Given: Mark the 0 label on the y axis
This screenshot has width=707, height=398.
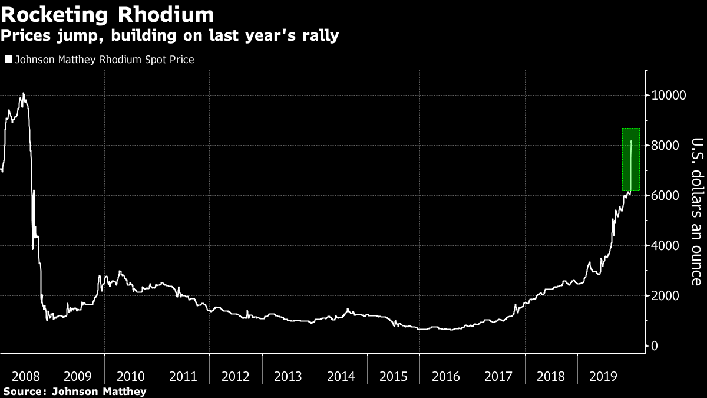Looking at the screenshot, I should (x=655, y=346).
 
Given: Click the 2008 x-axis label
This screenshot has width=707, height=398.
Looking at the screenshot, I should (x=26, y=376).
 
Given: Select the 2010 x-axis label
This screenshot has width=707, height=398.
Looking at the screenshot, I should (x=131, y=376).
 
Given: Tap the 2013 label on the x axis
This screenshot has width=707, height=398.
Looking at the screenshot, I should (x=289, y=376).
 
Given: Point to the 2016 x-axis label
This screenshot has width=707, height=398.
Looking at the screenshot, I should (x=446, y=376).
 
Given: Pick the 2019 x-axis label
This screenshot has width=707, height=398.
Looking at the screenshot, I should (x=604, y=376).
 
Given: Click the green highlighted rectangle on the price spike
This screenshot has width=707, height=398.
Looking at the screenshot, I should (x=630, y=159).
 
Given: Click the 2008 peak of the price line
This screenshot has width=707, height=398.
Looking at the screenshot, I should (x=23, y=94).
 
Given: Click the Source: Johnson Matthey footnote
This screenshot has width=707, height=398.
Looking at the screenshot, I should (x=74, y=391).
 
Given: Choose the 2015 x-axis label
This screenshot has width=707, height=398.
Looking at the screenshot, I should (x=394, y=376).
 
